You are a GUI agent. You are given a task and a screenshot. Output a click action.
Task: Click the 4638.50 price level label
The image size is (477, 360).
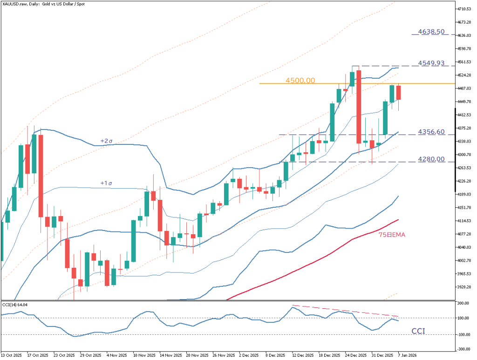pos(431,32)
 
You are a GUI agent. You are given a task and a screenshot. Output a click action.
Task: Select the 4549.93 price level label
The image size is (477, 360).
pos(431,62)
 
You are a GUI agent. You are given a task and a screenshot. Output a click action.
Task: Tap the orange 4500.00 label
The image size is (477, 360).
pos(301,80)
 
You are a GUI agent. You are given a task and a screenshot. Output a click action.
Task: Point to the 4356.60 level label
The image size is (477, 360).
pos(431,132)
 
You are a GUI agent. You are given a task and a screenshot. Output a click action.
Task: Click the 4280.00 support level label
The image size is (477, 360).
pos(431,159)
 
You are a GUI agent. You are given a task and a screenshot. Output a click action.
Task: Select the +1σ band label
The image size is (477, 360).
pos(107,183)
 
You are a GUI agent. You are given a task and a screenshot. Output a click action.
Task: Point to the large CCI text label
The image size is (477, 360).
pos(418,331)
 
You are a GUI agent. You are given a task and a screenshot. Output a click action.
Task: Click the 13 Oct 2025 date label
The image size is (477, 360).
pos(12,355)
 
